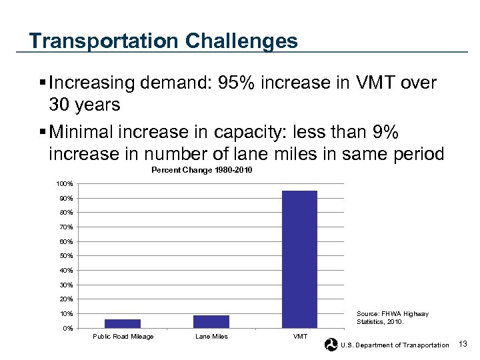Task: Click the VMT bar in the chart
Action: (x=299, y=259)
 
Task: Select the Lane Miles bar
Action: (x=211, y=321)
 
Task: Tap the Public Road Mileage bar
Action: (x=123, y=323)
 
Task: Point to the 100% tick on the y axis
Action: (x=65, y=183)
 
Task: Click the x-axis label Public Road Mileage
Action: (x=123, y=337)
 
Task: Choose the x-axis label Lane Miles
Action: (x=211, y=337)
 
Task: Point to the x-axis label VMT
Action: (x=300, y=337)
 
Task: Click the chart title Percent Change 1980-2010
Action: (x=202, y=171)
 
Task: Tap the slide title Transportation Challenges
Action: (x=163, y=41)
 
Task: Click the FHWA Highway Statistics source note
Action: (x=393, y=318)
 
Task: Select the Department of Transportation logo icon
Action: (x=331, y=344)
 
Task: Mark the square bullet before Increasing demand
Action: (x=43, y=83)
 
